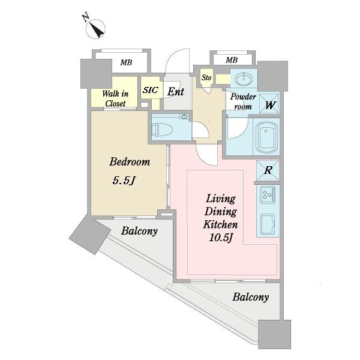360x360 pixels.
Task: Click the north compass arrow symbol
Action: point(96,29)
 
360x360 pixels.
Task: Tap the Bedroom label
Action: point(130,161)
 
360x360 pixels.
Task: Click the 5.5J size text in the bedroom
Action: point(124,181)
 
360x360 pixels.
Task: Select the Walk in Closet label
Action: point(115,98)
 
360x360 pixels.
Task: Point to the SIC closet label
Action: point(151,90)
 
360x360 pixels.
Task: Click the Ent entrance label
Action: point(176,92)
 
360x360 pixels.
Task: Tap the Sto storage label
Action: point(206,77)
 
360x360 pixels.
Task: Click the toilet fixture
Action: point(164,130)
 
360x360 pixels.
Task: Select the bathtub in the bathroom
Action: point(266,137)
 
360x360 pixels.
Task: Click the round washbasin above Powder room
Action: point(244,79)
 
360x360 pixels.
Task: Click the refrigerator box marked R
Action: point(268,170)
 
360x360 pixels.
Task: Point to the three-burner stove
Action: point(268,194)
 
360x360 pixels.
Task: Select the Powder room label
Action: point(243,102)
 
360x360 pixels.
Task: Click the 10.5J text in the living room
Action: point(221,238)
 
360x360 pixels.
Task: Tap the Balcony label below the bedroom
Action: point(139,231)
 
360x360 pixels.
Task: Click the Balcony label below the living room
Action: point(250,297)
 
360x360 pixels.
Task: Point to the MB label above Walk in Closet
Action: point(126,62)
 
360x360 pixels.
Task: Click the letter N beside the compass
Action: point(86,17)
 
